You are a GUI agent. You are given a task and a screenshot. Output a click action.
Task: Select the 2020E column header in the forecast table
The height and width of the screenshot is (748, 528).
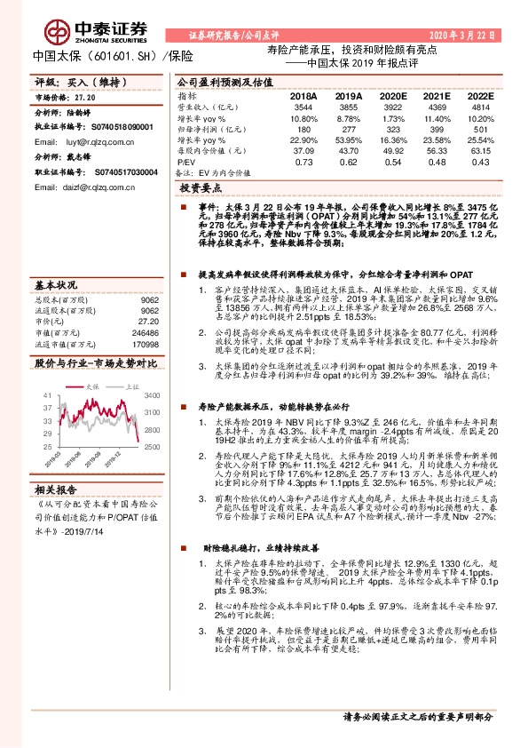392,95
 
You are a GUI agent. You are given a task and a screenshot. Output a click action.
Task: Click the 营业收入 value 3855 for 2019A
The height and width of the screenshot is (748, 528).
349,106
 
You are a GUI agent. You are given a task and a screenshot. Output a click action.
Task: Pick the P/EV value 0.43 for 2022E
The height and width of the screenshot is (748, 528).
480,163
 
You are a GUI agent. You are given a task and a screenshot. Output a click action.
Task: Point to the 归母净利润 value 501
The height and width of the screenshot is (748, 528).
480,129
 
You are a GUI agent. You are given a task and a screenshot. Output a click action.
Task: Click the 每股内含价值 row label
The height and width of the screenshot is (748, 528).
203,151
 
